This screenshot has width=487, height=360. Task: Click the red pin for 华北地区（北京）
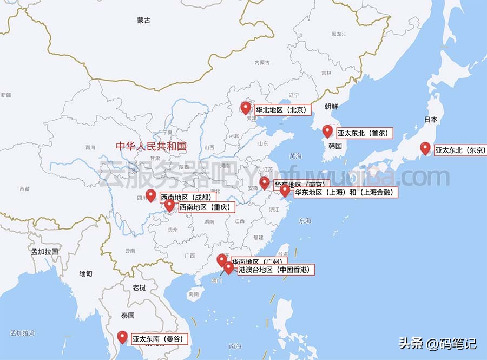tap(246, 108)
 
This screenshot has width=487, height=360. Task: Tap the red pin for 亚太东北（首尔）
tap(327, 131)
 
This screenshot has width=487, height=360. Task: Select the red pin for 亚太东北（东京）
tap(425, 148)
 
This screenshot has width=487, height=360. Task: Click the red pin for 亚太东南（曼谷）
tap(122, 337)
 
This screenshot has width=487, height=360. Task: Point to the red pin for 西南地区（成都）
tap(151, 195)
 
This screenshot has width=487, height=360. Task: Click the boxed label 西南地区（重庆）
tap(205, 207)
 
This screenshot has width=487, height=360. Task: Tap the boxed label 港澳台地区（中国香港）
tap(275, 269)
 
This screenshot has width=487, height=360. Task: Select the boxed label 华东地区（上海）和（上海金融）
tap(345, 192)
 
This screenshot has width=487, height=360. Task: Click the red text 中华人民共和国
tap(151, 146)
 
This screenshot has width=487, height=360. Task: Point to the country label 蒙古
tap(143, 21)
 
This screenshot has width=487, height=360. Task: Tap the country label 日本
tap(431, 120)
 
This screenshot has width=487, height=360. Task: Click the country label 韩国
tap(335, 146)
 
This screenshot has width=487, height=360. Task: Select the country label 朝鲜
tap(331, 107)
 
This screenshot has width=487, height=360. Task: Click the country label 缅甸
tap(85, 274)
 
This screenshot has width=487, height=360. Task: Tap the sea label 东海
tap(305, 221)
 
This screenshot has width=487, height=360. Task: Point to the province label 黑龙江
tap(339, 34)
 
